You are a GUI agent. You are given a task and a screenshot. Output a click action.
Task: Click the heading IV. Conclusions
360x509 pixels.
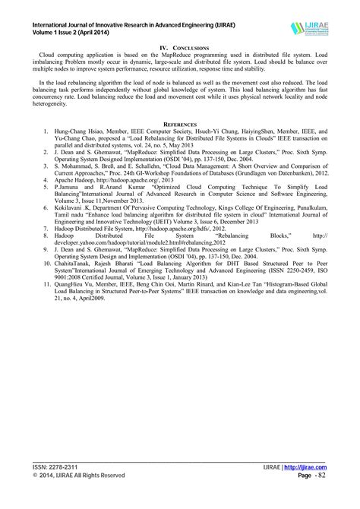point(180,48)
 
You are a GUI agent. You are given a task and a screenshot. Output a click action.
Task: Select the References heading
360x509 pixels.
point(180,123)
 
